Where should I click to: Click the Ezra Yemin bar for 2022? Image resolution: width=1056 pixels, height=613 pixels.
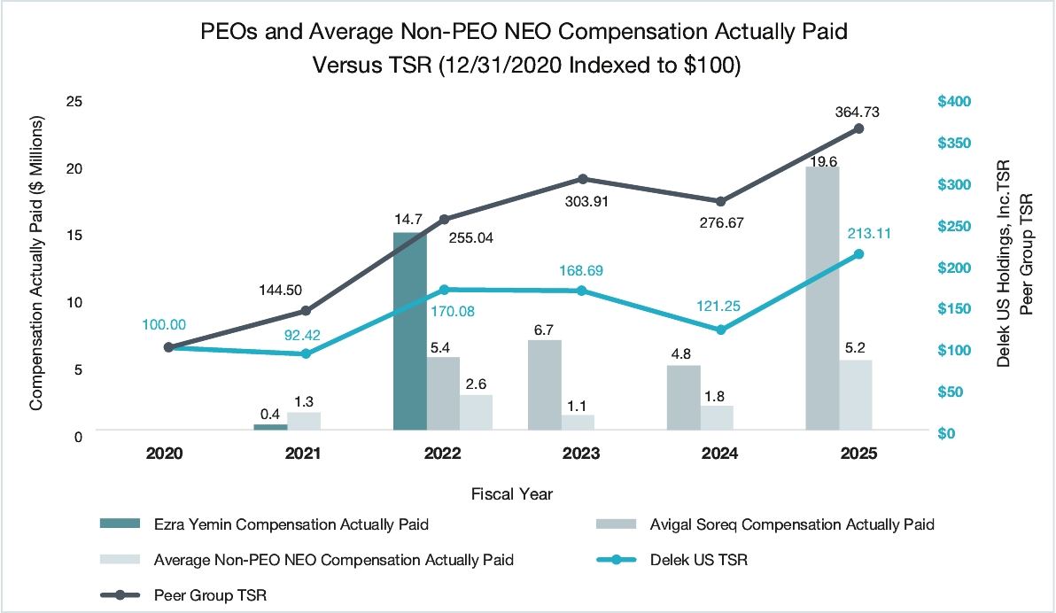click(410, 331)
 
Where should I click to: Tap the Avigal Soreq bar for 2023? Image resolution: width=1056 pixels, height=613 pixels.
click(545, 385)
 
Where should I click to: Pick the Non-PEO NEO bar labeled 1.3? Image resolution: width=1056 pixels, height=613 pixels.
click(304, 421)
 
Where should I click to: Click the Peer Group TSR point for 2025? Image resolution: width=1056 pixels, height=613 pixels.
click(858, 128)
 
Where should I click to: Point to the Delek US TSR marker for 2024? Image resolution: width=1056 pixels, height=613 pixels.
click(720, 330)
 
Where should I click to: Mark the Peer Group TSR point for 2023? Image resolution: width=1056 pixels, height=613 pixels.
click(583, 179)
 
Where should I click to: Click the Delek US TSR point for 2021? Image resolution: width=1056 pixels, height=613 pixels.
click(307, 353)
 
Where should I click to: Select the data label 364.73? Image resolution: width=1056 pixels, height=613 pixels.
click(857, 112)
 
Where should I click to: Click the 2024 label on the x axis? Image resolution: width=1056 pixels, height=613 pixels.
click(719, 454)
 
